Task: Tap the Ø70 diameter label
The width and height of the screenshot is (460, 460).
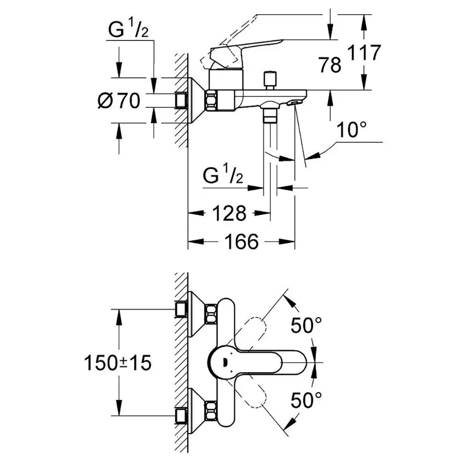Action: [119, 100]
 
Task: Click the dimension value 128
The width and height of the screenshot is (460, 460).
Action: [229, 213]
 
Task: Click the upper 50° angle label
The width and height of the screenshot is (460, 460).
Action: [306, 326]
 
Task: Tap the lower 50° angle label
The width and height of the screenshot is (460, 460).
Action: [306, 401]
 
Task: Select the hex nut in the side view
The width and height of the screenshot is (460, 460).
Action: [212, 100]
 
